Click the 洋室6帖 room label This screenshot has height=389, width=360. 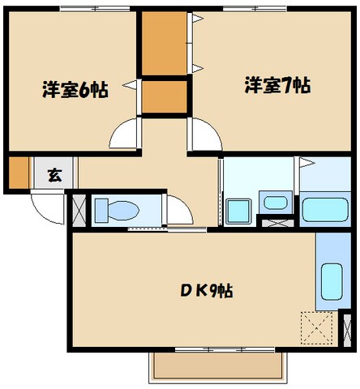tap(75, 88)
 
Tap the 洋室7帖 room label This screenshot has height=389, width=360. tap(276, 83)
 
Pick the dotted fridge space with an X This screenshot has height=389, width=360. tap(318, 328)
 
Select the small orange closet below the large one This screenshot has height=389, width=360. tap(164, 96)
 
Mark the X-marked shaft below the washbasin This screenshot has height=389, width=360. tap(276, 219)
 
